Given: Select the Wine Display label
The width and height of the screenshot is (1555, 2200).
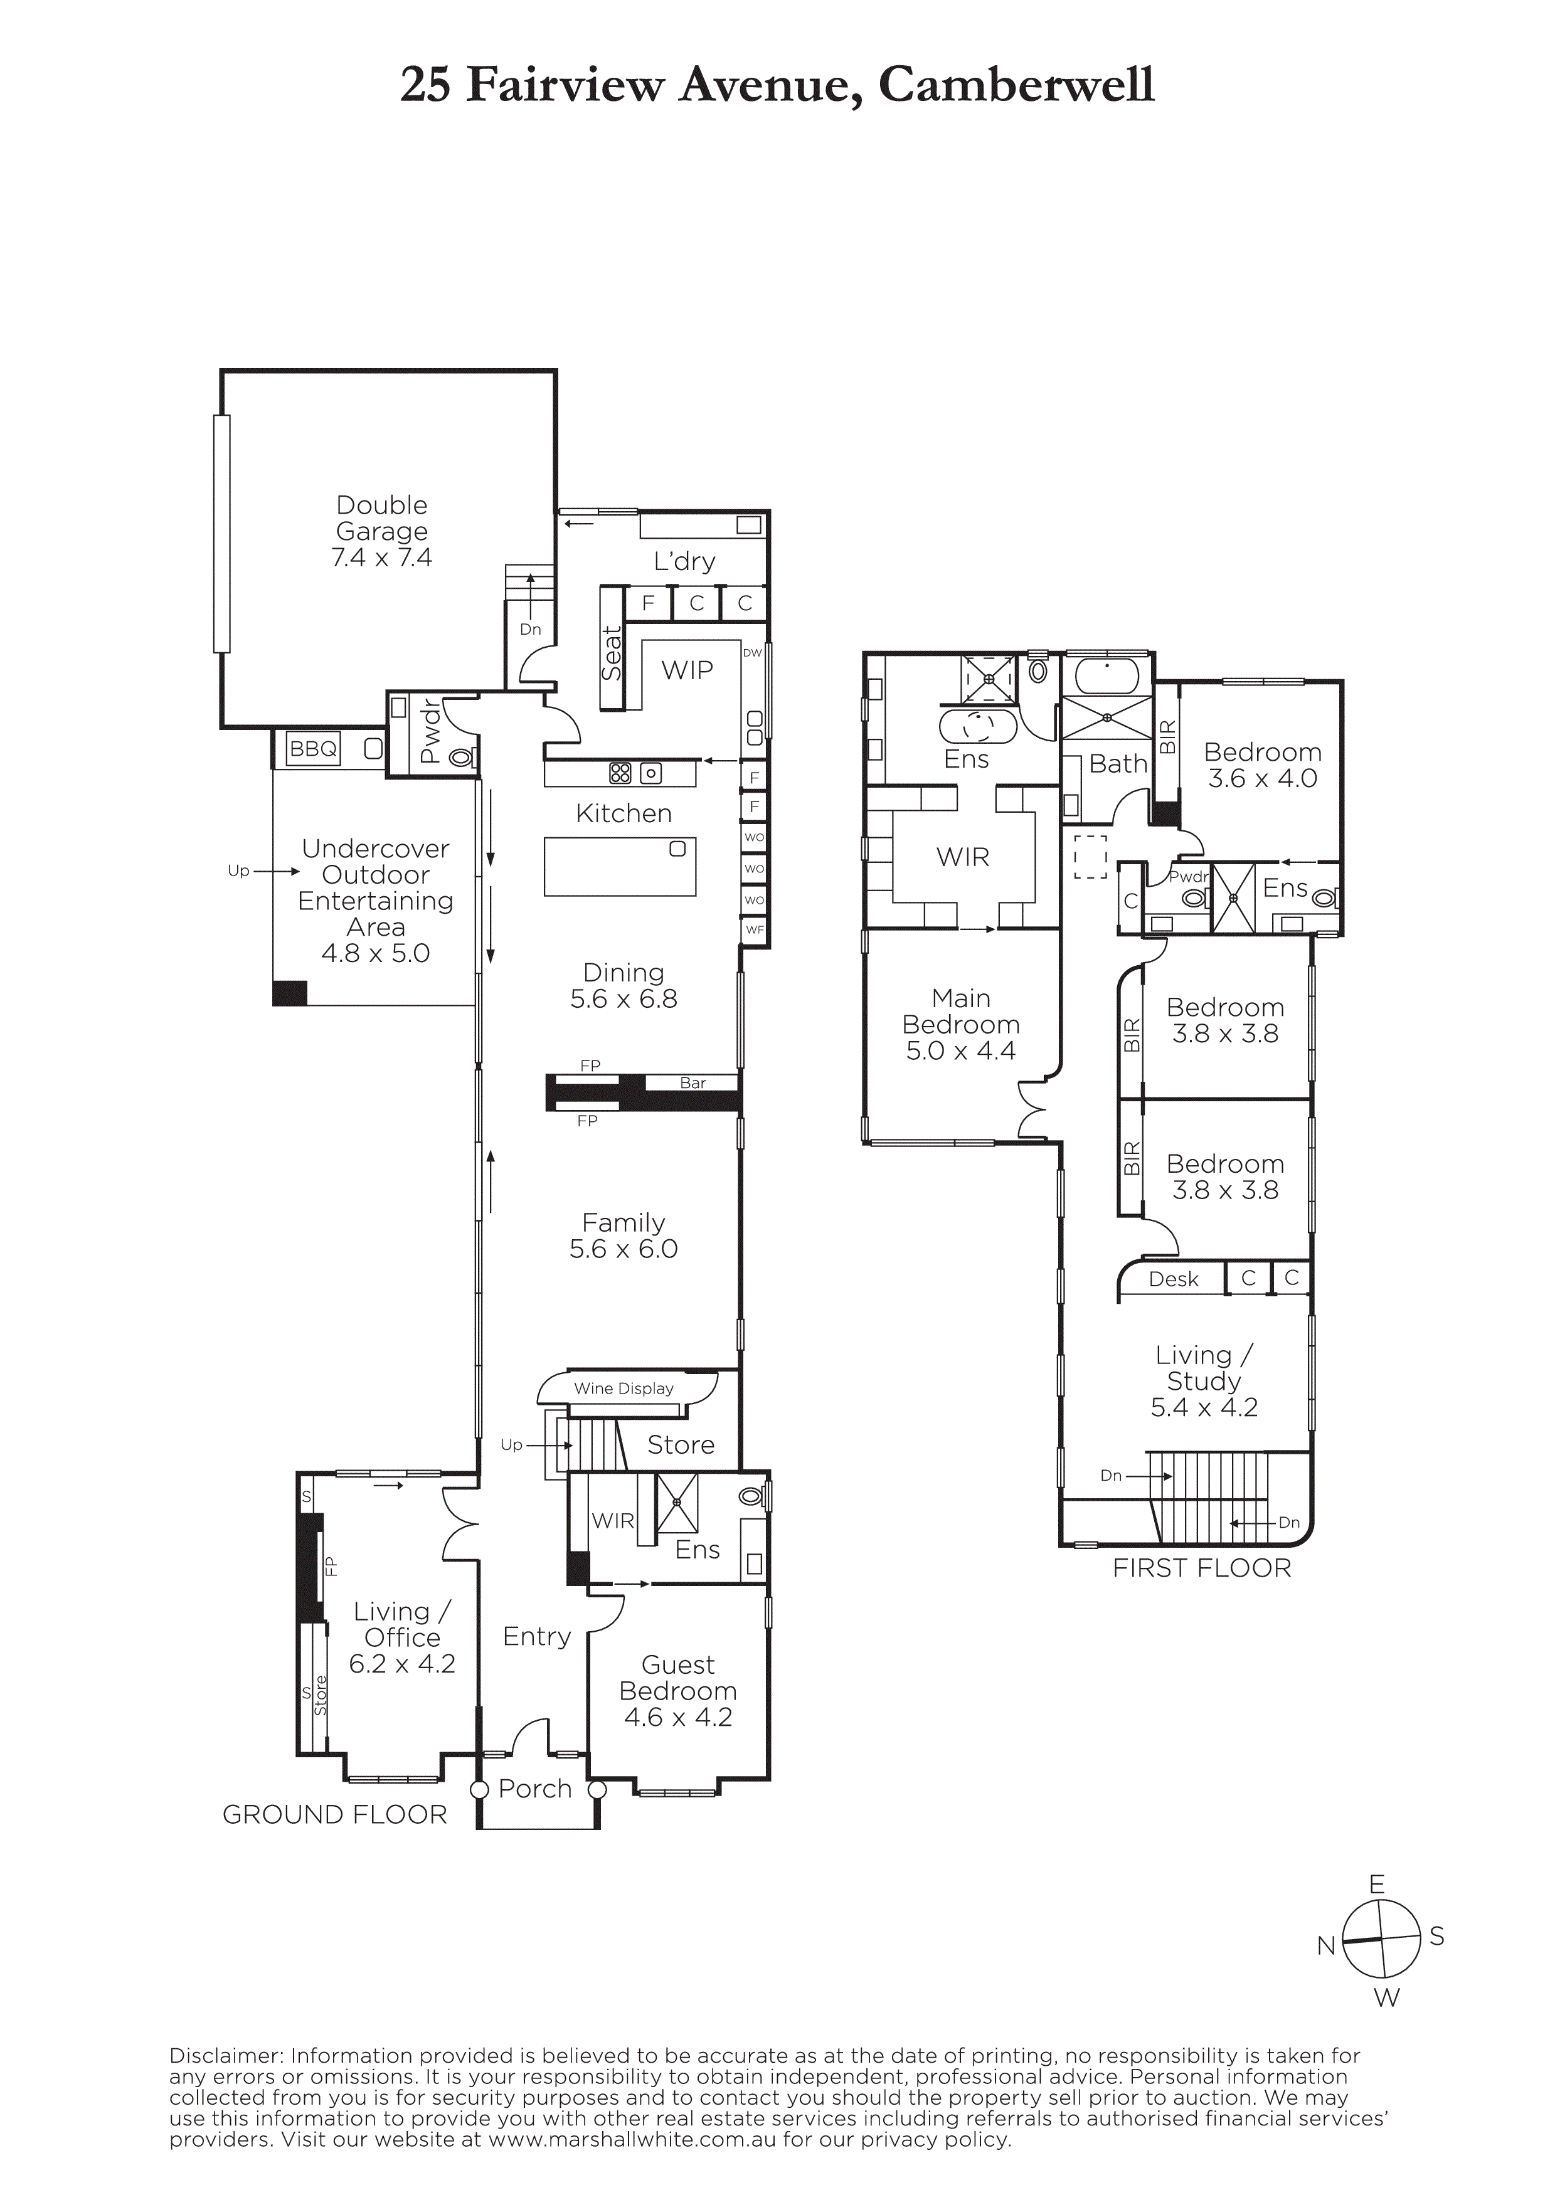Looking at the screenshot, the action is tap(624, 1388).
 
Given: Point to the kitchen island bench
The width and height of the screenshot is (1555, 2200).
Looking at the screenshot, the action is tap(620, 867).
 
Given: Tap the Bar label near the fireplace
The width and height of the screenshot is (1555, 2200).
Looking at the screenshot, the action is tap(693, 1082).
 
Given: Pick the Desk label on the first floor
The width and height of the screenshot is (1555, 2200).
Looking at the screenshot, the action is tap(1174, 1279).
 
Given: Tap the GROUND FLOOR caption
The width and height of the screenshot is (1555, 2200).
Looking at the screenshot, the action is tap(334, 1815).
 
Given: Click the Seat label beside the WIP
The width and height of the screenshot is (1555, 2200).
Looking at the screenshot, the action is tap(611, 652).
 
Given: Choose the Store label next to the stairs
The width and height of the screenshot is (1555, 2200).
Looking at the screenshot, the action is tap(680, 1445).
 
